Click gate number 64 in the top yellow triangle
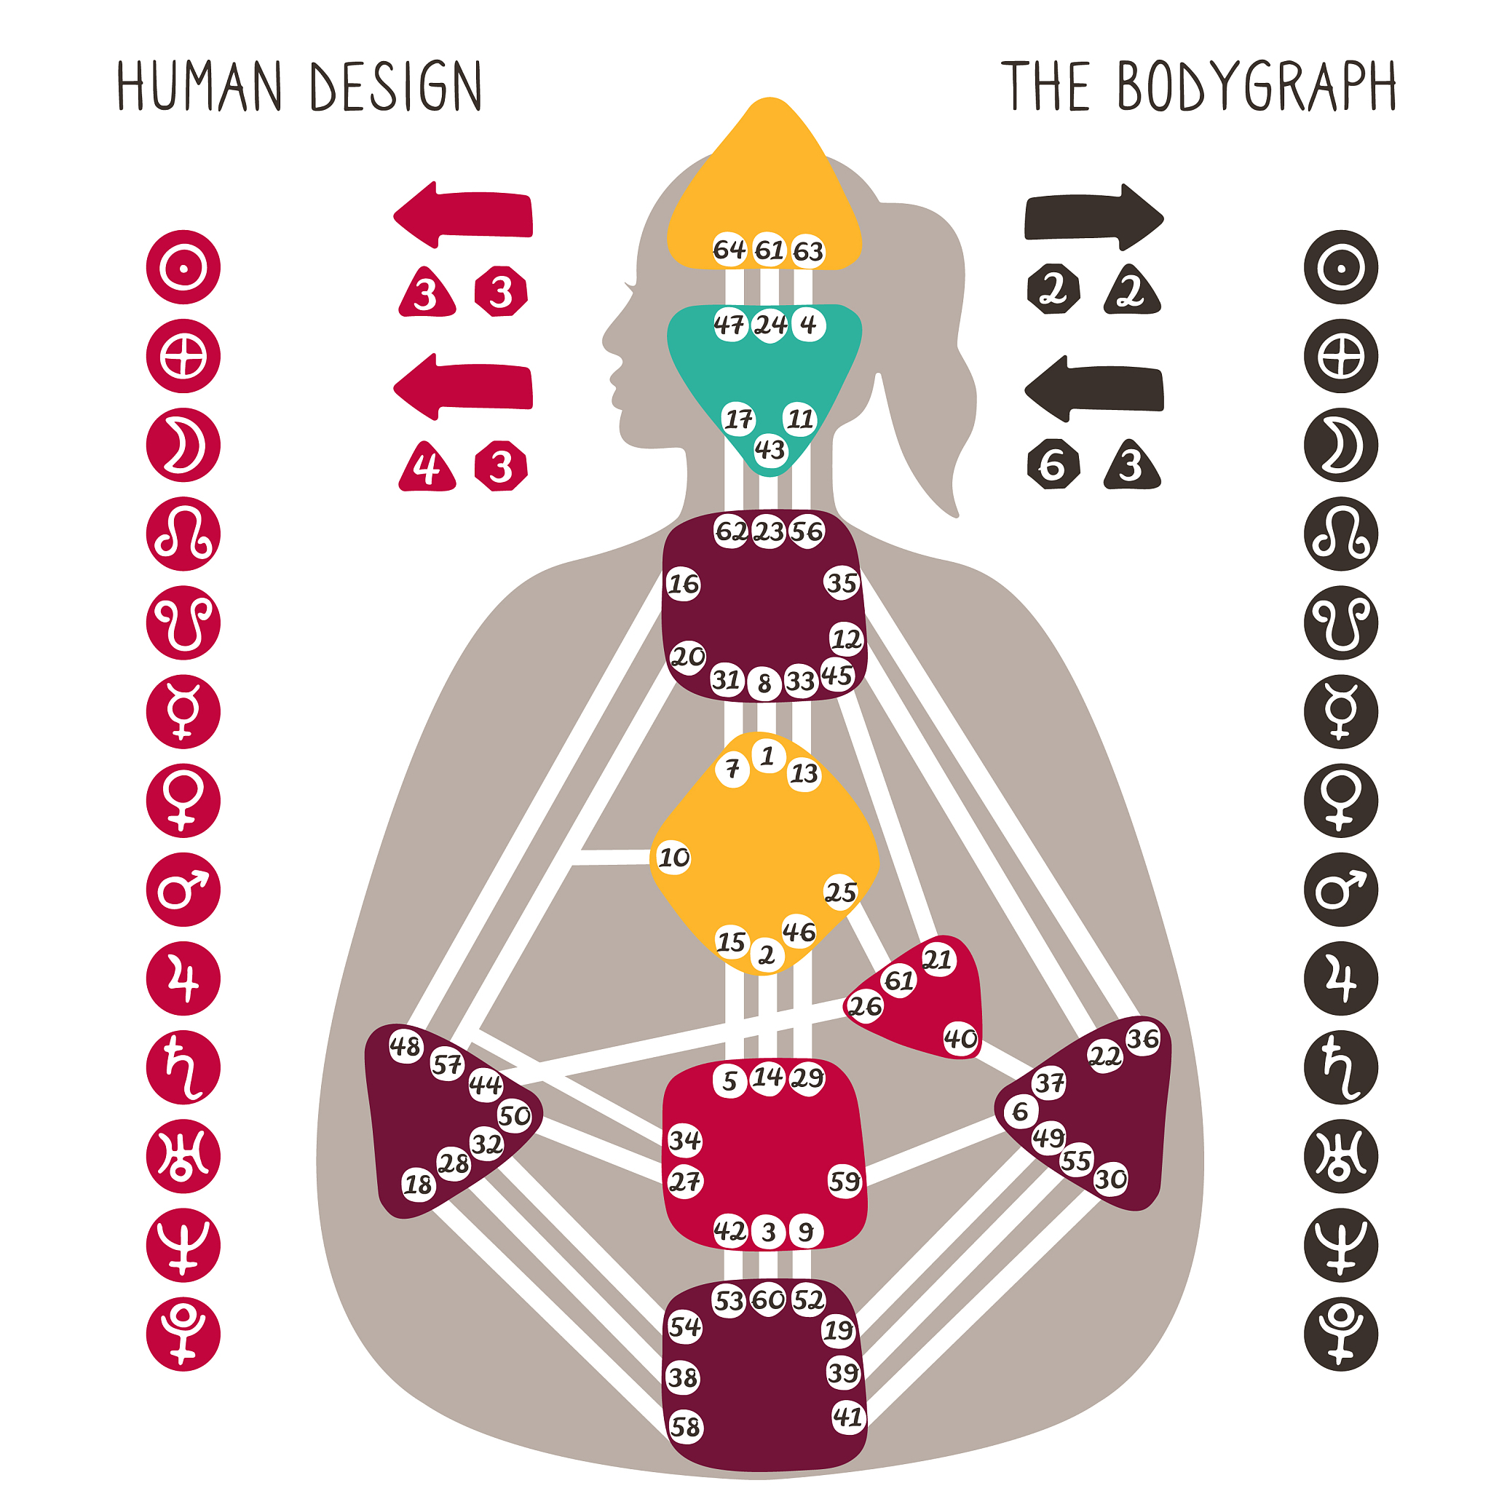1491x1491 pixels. (x=729, y=249)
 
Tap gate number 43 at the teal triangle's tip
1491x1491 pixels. (x=770, y=449)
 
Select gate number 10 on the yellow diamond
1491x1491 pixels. (x=673, y=858)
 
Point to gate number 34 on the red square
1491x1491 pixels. (x=684, y=1140)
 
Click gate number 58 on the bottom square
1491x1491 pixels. (x=684, y=1427)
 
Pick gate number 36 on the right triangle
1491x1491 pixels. (x=1143, y=1039)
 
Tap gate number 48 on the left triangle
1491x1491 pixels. (x=406, y=1045)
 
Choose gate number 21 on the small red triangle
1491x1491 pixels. (x=938, y=960)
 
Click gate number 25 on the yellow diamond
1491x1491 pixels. (x=840, y=893)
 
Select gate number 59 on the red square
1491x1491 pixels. (x=845, y=1181)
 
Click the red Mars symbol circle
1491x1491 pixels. (x=183, y=889)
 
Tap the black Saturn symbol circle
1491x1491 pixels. (x=1341, y=1067)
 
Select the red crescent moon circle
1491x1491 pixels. (x=183, y=446)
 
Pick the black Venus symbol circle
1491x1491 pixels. (x=1341, y=800)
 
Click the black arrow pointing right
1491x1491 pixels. (x=1094, y=217)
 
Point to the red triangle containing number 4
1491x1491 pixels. (x=427, y=466)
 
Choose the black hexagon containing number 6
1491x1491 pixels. (x=1053, y=464)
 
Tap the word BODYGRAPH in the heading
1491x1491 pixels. (x=1257, y=86)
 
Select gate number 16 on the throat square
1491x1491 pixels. (x=683, y=584)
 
